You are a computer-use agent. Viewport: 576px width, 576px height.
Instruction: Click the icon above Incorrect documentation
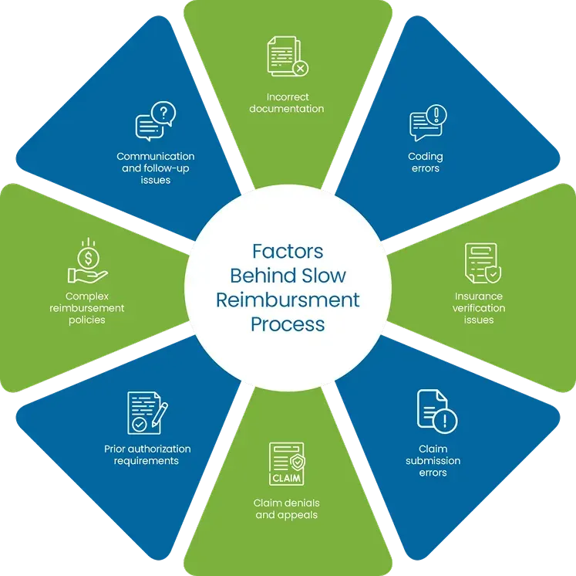(x=288, y=57)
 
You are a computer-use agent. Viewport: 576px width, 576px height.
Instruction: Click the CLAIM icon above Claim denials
(x=286, y=465)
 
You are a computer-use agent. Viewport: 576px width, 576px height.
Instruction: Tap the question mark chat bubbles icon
(x=155, y=124)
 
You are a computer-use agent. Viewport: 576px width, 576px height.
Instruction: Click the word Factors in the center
(x=288, y=252)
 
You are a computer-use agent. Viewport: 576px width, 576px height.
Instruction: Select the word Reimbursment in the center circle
(x=288, y=300)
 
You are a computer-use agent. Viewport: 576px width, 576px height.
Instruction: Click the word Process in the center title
(x=288, y=324)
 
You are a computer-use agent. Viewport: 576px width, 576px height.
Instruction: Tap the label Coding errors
(x=426, y=162)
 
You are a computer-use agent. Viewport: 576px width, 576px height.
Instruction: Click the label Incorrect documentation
(x=288, y=103)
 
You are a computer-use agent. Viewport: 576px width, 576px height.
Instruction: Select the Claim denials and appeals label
(x=286, y=509)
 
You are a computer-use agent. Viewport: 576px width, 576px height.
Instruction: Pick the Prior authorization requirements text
(x=147, y=455)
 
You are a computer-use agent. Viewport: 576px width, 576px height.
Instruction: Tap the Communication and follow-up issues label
(x=156, y=168)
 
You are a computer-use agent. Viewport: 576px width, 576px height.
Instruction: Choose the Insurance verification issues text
(x=479, y=307)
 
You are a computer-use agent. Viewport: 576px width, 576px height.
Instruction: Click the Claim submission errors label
(x=433, y=460)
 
